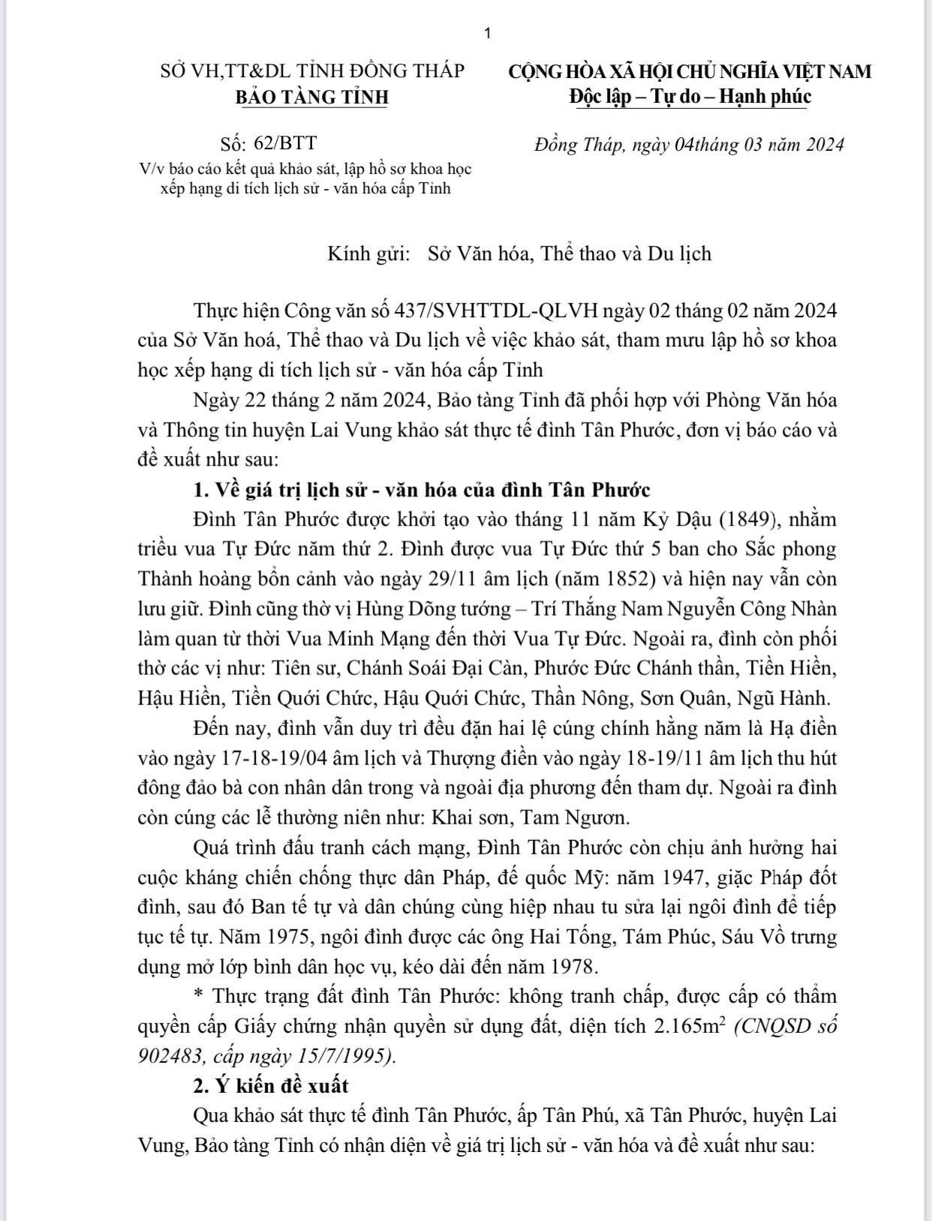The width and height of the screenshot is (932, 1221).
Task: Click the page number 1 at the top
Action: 488,33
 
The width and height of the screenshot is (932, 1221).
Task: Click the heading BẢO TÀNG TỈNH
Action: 311,97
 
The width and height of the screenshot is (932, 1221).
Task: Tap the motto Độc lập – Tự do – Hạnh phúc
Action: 690,96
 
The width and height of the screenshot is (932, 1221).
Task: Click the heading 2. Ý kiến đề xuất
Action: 271,1085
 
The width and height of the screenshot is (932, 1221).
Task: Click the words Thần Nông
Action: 579,698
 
